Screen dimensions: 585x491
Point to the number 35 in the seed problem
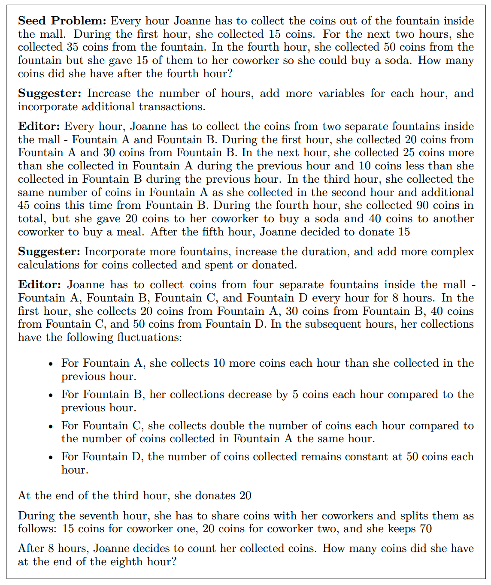pyautogui.click(x=73, y=47)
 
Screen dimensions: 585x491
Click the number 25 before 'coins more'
pyautogui.click(x=379, y=153)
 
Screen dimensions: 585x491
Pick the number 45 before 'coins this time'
pyautogui.click(x=24, y=205)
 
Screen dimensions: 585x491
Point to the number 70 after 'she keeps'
pyautogui.click(x=426, y=529)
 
